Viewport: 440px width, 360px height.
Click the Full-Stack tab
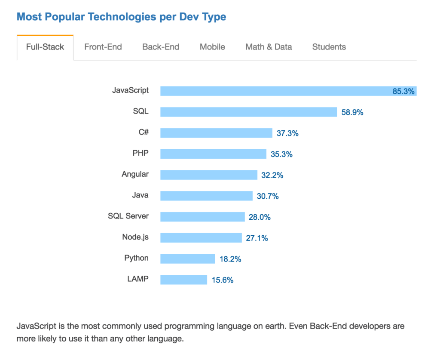pos(45,47)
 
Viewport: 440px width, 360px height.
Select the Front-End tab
pos(103,47)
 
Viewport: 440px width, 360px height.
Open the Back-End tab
pos(161,47)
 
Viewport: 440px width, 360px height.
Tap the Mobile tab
pos(212,47)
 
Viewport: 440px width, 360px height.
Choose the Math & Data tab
pos(269,47)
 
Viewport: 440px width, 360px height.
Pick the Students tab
pos(329,47)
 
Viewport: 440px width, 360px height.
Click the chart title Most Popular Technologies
pos(121,17)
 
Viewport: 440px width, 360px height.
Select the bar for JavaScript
pos(275,91)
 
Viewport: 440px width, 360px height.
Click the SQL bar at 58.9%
pos(248,112)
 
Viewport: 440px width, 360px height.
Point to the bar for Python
pos(187,258)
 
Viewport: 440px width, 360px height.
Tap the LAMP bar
pos(183,280)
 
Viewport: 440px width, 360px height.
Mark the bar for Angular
pos(208,175)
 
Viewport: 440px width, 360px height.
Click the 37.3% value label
pos(287,133)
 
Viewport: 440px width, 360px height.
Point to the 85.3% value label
pos(403,91)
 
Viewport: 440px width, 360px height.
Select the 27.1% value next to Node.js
pos(257,238)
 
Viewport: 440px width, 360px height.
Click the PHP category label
pos(141,153)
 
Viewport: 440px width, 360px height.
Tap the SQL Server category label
pos(128,216)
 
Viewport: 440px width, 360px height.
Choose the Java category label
pos(140,195)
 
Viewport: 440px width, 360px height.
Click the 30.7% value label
pos(268,196)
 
